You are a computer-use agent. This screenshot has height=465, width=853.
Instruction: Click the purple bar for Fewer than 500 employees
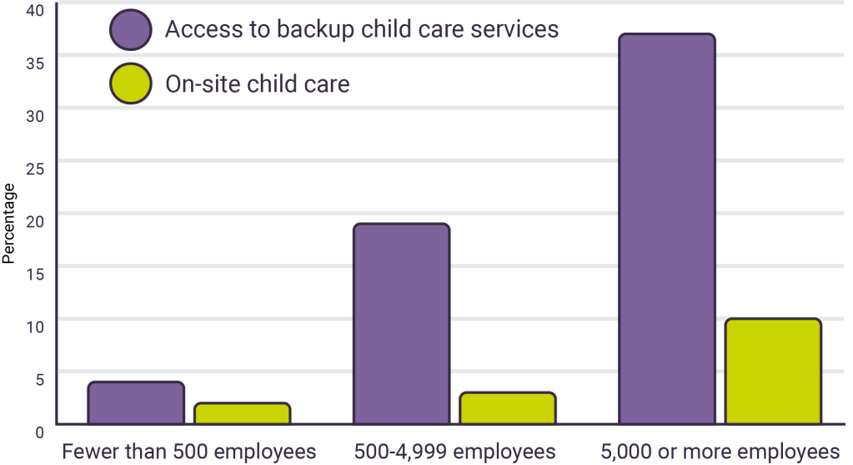[x=136, y=402]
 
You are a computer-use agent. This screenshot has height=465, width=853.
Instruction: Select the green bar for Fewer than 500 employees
[x=242, y=413]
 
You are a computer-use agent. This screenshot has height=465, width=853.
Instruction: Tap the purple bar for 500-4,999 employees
[x=401, y=323]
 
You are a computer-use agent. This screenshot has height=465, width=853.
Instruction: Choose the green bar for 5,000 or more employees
[x=773, y=371]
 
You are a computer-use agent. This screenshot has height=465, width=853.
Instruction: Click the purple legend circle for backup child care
[x=130, y=29]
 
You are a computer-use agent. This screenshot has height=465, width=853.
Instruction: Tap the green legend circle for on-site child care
[x=130, y=83]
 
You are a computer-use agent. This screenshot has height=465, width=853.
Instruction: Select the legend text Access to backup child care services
[x=361, y=29]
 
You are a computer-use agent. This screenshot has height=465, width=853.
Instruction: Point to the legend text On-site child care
[x=257, y=83]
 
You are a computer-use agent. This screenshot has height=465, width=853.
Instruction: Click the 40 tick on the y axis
[x=34, y=10]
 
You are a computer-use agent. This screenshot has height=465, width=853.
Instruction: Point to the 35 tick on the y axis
[x=34, y=63]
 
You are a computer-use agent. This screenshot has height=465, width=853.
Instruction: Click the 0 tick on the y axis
[x=39, y=431]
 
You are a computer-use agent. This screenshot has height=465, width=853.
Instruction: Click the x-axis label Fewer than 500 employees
[x=189, y=452]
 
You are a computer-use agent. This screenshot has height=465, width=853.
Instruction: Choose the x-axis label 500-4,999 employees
[x=454, y=452]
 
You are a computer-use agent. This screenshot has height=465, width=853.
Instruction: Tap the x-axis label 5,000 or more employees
[x=720, y=452]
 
